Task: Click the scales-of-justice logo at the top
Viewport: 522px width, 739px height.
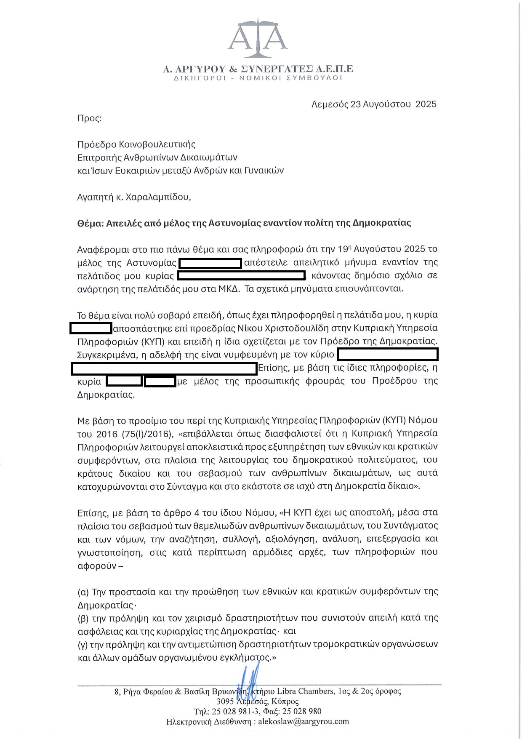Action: coord(258,38)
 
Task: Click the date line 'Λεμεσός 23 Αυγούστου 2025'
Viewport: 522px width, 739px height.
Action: coord(374,104)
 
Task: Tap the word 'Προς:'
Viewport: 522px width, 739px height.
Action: coord(89,118)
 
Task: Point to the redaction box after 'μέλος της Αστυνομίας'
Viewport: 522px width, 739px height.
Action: coord(210,263)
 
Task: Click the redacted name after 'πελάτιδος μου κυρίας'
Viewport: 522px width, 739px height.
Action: coord(241,276)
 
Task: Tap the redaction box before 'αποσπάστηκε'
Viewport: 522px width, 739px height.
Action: coord(91,328)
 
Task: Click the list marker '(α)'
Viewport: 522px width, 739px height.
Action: coord(83,592)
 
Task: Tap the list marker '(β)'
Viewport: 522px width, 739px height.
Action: coord(83,618)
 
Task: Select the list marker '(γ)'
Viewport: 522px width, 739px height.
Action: coord(83,644)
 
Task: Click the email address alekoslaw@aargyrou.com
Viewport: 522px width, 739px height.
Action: coord(304,721)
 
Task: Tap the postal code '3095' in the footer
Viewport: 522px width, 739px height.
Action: coord(225,701)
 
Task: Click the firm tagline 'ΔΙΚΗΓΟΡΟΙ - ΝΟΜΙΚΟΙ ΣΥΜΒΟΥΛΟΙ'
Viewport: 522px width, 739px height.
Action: coord(258,78)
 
